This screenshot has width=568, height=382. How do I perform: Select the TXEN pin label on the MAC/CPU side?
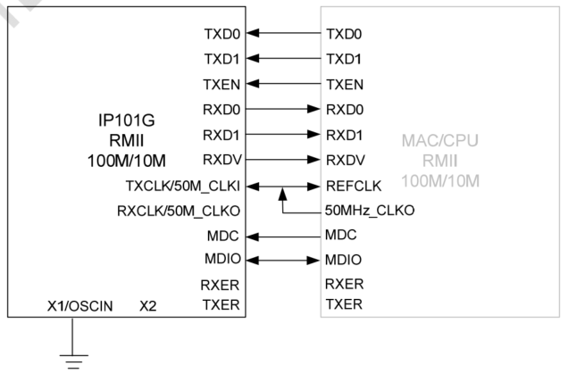point(344,85)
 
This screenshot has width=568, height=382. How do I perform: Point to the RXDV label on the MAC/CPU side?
point(345,161)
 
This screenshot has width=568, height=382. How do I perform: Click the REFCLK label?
point(350,186)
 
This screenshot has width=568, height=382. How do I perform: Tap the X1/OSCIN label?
point(80,306)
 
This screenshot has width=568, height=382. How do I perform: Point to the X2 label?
point(148,306)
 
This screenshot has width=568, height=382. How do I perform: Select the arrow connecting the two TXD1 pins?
point(283,60)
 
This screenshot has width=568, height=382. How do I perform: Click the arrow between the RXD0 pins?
point(283,111)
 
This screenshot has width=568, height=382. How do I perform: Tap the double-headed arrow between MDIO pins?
point(283,262)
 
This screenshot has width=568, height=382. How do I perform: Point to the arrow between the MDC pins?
point(283,237)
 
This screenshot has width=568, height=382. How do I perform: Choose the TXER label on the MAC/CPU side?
point(343,305)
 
